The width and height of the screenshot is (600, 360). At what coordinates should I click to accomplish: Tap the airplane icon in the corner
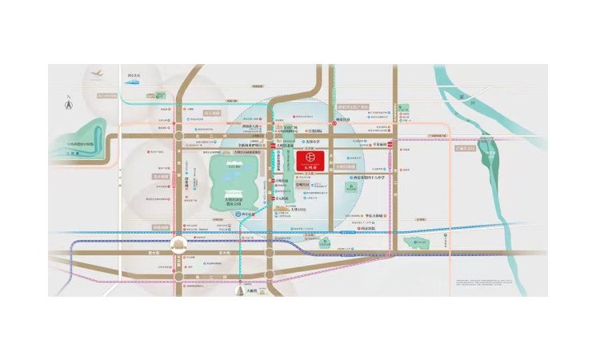coord(96,75)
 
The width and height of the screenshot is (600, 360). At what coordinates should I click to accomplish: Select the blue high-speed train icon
coord(133,81)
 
